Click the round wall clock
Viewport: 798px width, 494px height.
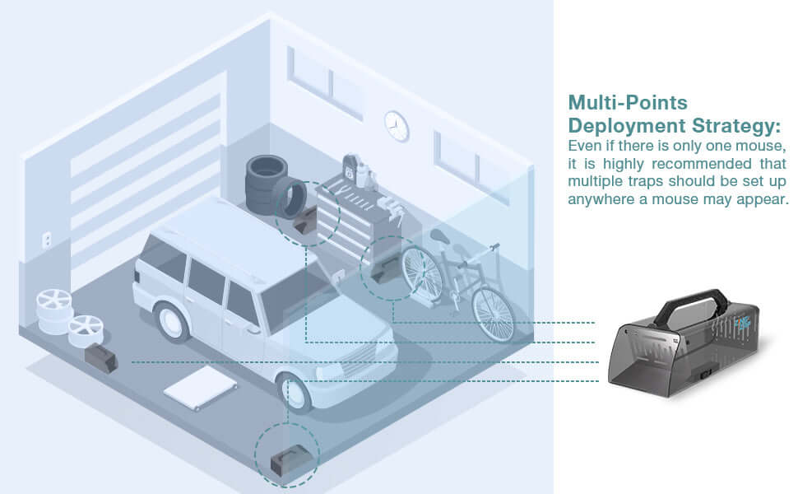397,125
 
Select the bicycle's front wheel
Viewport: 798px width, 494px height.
492,312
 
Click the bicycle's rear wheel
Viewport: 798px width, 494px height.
421,272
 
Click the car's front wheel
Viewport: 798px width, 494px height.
295,390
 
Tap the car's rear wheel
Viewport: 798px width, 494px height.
171,320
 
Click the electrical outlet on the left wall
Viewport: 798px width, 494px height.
47,240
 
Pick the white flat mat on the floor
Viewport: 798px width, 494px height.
201,386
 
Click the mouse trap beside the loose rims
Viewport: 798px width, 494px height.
101,357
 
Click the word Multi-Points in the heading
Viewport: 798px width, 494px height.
628,103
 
